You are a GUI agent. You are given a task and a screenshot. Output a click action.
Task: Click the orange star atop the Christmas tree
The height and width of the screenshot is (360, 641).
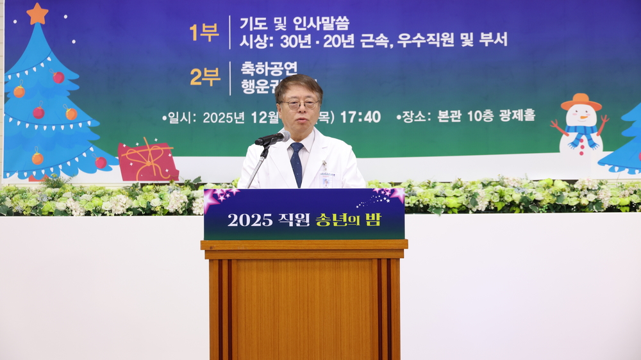coord(37,13)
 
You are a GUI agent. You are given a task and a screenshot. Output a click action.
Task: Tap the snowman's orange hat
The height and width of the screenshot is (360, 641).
coord(581,102)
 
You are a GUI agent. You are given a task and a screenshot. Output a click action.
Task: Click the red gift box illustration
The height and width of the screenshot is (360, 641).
coord(147,161)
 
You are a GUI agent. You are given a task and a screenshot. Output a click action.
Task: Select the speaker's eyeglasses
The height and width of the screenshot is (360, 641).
coord(299,104)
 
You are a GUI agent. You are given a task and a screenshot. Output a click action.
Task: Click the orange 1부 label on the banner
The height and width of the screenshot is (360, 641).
coord(204,31)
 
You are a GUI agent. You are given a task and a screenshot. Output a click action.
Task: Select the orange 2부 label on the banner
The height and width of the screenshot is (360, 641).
coord(204,77)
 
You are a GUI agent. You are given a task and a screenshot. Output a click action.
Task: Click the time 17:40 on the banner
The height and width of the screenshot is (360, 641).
coord(360,117)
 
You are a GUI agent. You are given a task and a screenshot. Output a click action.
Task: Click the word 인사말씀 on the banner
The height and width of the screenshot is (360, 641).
coord(321,24)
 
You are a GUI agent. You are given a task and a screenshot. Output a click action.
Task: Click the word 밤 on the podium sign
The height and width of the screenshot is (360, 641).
coord(374,218)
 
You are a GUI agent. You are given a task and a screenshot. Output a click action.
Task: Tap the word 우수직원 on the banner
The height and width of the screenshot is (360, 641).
coord(426,40)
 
